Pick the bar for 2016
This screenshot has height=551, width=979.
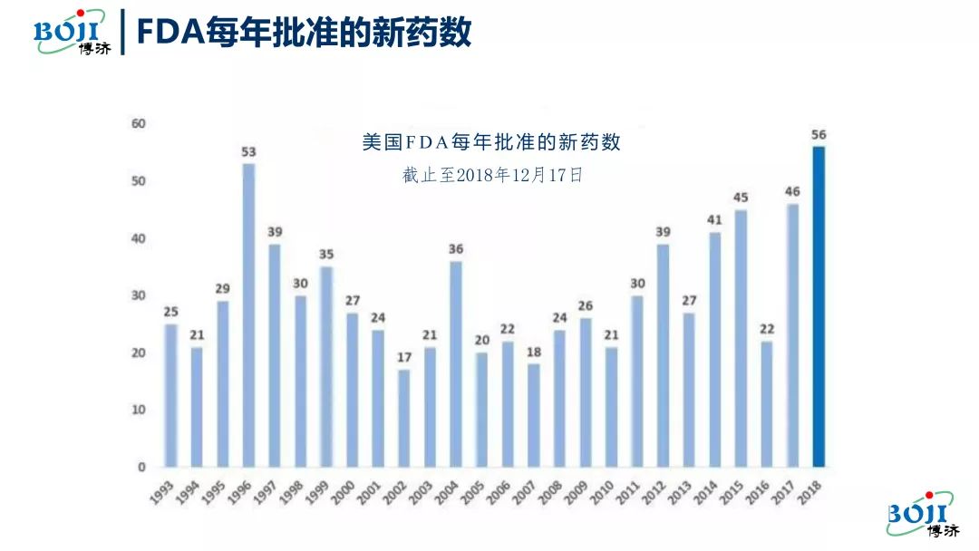click(x=767, y=404)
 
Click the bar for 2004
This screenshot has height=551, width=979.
click(x=456, y=363)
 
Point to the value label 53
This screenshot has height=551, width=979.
click(x=248, y=151)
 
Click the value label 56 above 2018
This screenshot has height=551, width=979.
click(x=819, y=135)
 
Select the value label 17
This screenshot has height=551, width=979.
click(x=404, y=357)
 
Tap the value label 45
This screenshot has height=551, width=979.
click(x=741, y=198)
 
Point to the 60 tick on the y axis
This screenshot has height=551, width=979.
click(x=138, y=123)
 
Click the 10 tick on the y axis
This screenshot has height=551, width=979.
click(x=139, y=410)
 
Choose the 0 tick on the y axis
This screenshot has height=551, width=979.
click(x=141, y=467)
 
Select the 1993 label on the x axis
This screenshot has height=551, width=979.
click(x=163, y=491)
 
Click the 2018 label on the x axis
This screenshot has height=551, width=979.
click(x=811, y=491)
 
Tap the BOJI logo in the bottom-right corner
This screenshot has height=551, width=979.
click(x=920, y=517)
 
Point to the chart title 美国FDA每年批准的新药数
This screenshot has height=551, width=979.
click(x=490, y=143)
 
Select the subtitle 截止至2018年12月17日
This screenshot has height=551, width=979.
click(x=492, y=175)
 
